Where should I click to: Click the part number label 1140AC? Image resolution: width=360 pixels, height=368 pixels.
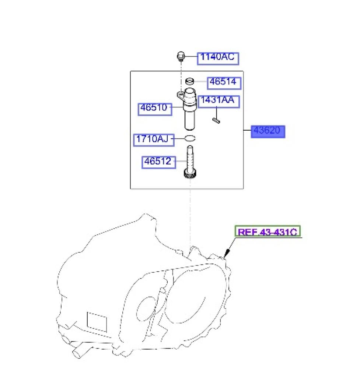218,59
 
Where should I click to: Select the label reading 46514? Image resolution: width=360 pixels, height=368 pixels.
224,83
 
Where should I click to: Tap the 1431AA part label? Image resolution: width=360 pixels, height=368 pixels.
219,102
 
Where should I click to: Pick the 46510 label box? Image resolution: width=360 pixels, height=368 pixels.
155,109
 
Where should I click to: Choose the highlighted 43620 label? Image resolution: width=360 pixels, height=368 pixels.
268,131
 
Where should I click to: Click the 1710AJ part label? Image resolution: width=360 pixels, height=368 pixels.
154,140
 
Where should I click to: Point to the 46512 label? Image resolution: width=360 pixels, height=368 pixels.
158,162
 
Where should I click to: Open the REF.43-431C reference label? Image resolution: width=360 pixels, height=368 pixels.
268,231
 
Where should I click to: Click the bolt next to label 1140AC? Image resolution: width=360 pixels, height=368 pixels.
181,57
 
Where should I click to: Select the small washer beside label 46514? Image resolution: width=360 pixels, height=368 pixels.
190,81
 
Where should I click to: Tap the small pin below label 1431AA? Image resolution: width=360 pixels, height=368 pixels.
216,121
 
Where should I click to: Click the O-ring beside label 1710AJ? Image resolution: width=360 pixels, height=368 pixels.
190,138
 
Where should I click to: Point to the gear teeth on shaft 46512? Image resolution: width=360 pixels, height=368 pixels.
190,174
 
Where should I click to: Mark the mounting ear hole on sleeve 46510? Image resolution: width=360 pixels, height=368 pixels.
181,95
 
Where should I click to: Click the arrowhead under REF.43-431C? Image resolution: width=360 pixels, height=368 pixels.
227,254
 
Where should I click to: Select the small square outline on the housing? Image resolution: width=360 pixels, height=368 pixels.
97,322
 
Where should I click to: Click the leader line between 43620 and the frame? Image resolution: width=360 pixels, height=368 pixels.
247,130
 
